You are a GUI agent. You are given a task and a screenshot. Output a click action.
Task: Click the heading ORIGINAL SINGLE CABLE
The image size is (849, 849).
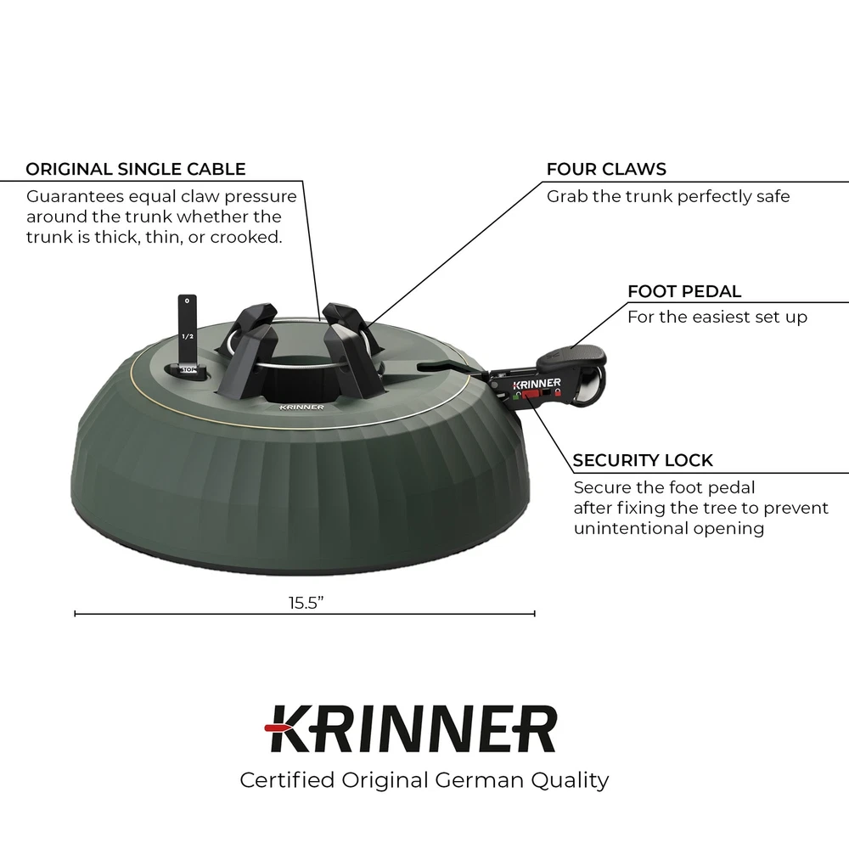point(135,170)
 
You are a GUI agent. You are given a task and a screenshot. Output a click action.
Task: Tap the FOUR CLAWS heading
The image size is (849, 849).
point(606,170)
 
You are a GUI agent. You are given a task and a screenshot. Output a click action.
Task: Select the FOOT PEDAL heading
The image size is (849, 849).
point(684,291)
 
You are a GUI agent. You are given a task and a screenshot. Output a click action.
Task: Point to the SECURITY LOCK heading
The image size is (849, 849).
point(643,460)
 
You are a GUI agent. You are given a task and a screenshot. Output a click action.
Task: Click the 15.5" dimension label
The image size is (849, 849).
point(306,603)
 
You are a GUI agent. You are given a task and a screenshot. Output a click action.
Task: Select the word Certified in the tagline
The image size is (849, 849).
point(287,780)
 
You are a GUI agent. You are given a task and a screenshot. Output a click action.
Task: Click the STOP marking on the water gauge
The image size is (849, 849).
point(188,370)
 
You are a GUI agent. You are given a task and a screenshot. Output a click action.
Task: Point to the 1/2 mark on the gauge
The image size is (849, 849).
point(188,336)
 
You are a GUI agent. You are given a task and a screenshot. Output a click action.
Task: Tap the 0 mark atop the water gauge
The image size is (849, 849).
point(188,301)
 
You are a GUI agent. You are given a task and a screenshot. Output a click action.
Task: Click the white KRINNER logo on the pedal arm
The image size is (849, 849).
point(537,384)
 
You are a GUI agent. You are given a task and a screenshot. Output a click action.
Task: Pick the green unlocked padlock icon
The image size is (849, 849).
point(516,396)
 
